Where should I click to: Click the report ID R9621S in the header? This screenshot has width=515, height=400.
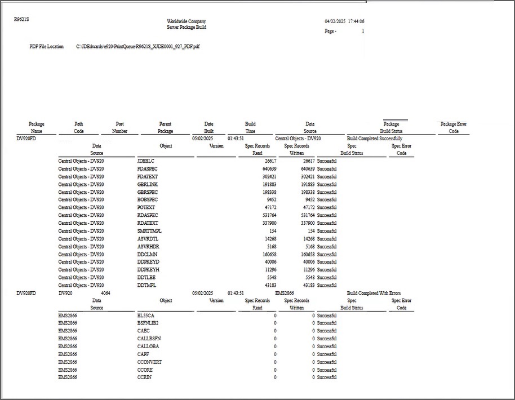point(21,19)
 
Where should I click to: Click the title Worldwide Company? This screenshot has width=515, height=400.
point(186,21)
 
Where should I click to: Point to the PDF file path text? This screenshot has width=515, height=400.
point(138,47)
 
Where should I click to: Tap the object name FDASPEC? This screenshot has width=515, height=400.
point(147,169)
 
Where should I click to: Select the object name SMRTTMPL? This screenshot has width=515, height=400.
point(149,231)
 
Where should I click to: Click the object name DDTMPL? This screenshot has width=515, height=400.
point(146,285)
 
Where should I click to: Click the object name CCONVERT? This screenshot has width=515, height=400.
point(149,362)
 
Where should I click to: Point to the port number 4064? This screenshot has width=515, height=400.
point(105,294)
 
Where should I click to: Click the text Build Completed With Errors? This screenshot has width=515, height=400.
point(374,294)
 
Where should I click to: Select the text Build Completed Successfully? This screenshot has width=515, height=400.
point(375,139)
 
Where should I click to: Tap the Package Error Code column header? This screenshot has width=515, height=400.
point(454,127)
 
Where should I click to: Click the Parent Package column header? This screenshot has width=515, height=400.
point(165,127)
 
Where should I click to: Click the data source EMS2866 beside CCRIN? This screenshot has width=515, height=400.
point(67,377)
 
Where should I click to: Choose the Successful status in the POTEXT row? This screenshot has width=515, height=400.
point(327,208)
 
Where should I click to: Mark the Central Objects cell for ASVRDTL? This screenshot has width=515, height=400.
point(81,239)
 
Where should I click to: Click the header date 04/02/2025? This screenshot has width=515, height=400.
point(335,21)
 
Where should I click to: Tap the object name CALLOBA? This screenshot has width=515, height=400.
point(148,346)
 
